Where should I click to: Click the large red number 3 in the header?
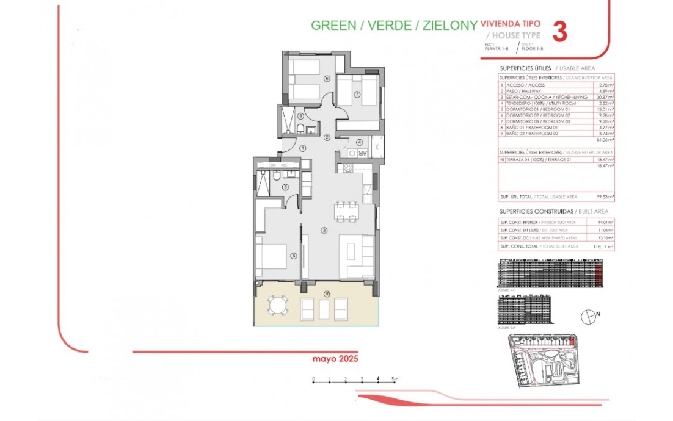point(559,32)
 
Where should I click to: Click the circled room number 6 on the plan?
point(327,78)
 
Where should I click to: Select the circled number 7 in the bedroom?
point(357,93)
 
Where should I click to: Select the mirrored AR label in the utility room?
point(361,153)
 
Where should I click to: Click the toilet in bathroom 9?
point(302,128)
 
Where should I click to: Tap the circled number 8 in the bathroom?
point(285,187)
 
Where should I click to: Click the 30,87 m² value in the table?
point(607,97)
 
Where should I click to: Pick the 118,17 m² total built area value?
point(606,246)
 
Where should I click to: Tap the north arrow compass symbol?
point(588,315)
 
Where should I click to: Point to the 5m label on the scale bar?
point(395,379)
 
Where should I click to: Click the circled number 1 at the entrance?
point(303,148)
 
